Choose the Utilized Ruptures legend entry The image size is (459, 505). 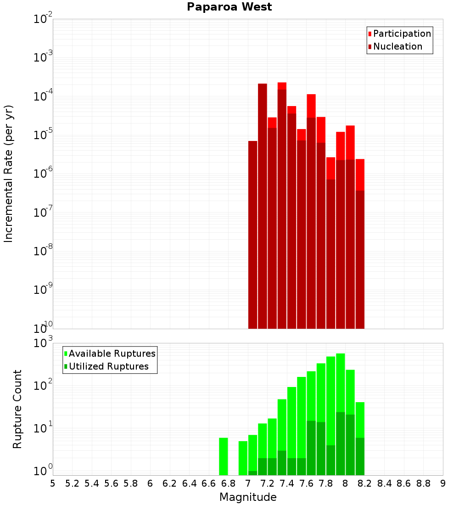[108, 366]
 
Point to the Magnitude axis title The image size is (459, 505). [248, 497]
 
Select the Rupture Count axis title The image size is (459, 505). [17, 409]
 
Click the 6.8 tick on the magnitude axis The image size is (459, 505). [228, 483]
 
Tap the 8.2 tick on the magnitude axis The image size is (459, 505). [365, 483]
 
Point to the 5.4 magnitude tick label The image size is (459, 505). [92, 483]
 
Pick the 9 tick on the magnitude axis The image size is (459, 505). [443, 483]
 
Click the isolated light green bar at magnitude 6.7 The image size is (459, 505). [224, 456]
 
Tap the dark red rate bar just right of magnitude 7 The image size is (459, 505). [252, 234]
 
